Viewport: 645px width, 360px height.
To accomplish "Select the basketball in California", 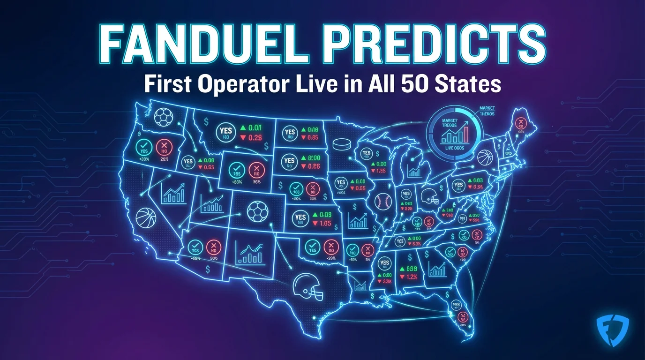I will coord(145,218).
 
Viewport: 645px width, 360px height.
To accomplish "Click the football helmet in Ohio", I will coord(429,197).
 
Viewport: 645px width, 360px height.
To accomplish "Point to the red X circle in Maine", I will coord(519,123).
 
